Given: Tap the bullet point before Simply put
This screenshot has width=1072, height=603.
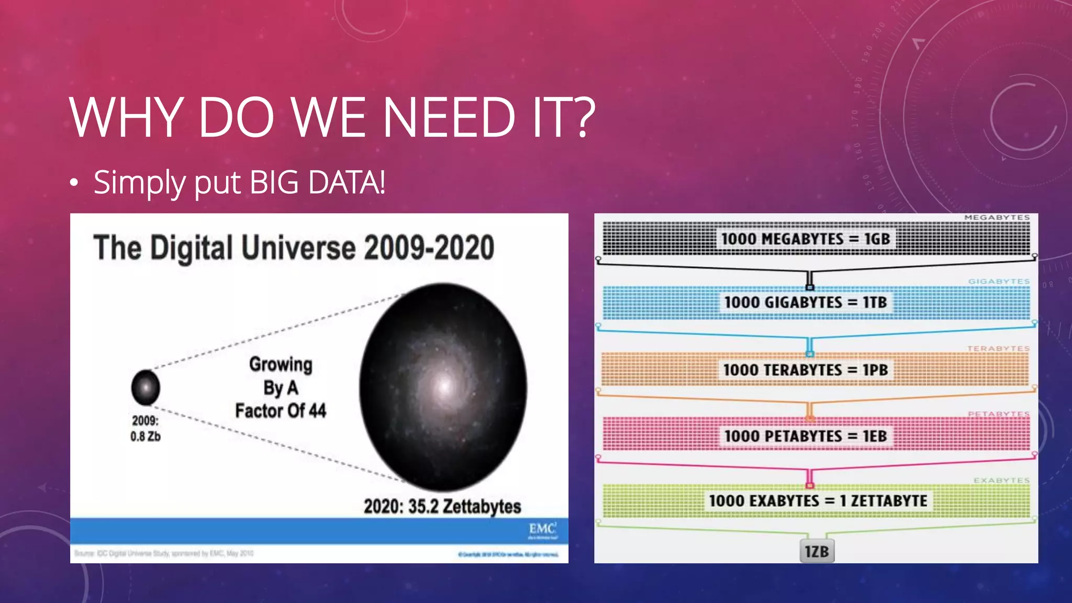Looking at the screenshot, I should (74, 183).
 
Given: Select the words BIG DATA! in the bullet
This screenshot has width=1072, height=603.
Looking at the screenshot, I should (317, 183).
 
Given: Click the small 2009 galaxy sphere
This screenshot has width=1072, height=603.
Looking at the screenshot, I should (146, 387).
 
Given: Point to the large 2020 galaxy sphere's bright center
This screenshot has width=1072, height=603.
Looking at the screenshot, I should (444, 386).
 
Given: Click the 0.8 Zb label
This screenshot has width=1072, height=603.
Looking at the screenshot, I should (146, 437).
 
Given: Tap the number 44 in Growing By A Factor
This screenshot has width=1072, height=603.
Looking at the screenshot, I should (317, 411).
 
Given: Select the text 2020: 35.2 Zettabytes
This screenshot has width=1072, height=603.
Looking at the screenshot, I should (442, 506).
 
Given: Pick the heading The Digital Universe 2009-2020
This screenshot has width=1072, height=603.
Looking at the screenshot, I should (294, 248).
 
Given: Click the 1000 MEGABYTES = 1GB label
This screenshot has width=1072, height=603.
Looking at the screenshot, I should (806, 239).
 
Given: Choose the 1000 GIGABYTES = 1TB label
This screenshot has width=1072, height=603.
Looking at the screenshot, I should (806, 303).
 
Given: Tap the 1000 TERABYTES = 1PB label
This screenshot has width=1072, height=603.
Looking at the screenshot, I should (806, 370).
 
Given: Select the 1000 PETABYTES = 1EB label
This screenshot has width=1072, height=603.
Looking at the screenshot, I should (806, 436).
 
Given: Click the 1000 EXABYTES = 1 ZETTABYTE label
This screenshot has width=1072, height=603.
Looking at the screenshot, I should (818, 501).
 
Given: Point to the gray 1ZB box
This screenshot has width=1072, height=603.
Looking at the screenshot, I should (817, 552).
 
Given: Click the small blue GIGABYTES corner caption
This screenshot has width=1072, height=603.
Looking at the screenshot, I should (999, 282).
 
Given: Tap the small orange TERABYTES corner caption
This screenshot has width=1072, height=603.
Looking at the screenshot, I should (998, 349).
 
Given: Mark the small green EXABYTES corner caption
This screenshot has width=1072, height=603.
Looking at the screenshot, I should (1001, 481).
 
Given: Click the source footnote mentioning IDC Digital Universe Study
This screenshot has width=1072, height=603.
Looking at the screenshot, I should (164, 553).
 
